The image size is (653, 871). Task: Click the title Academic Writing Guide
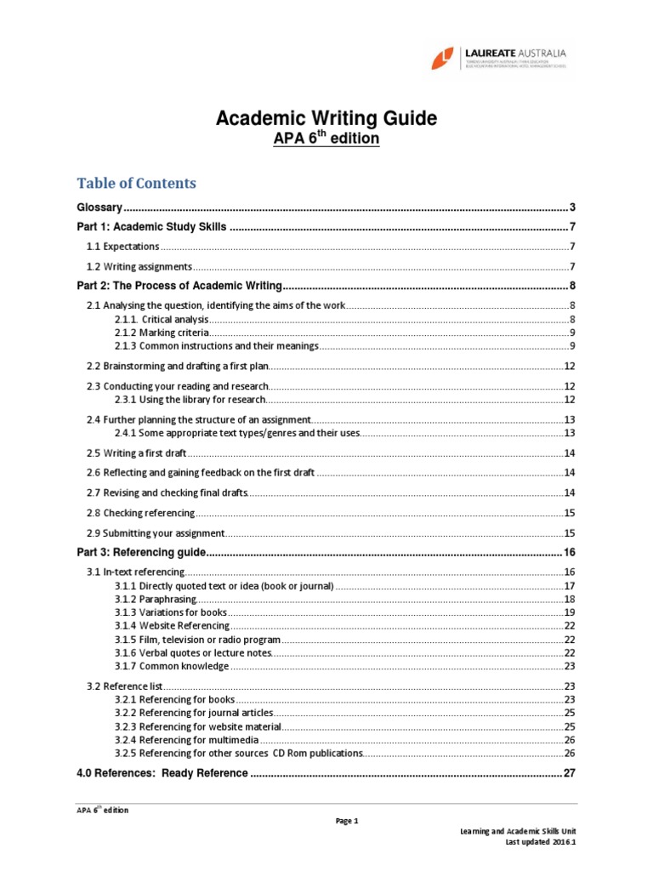click(x=326, y=119)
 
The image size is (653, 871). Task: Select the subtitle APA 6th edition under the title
click(x=326, y=138)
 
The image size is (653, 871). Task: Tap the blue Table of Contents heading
click(x=136, y=183)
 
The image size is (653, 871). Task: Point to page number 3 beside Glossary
click(x=573, y=208)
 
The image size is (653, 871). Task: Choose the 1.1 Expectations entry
click(x=123, y=247)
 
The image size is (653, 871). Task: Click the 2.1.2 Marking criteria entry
click(x=162, y=333)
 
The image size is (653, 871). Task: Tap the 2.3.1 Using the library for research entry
click(x=190, y=399)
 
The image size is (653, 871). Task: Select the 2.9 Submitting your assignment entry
click(x=156, y=532)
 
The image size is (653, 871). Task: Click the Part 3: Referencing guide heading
click(x=141, y=552)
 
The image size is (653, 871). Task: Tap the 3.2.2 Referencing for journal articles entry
click(x=194, y=712)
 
